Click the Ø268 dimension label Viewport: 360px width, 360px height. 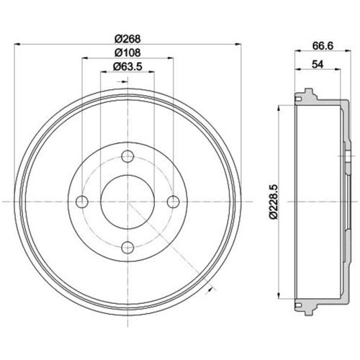tap(127, 39)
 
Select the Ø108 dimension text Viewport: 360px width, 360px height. tap(127, 53)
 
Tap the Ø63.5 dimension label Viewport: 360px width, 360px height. tap(127, 66)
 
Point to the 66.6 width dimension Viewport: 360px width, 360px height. tap(323, 45)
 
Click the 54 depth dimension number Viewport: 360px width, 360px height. tap(318, 64)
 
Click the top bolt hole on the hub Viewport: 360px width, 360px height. tap(127, 156)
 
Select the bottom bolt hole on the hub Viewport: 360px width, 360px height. tap(127, 247)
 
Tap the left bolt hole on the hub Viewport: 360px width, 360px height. tap(82, 202)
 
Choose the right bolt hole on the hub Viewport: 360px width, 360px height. tap(173, 202)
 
